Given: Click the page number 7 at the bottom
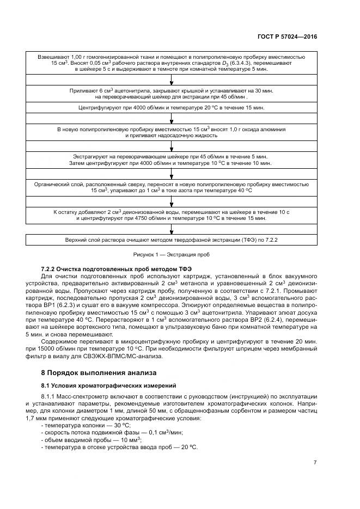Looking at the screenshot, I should tap(315, 463).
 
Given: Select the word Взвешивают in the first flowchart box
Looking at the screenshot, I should tap(53, 57).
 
